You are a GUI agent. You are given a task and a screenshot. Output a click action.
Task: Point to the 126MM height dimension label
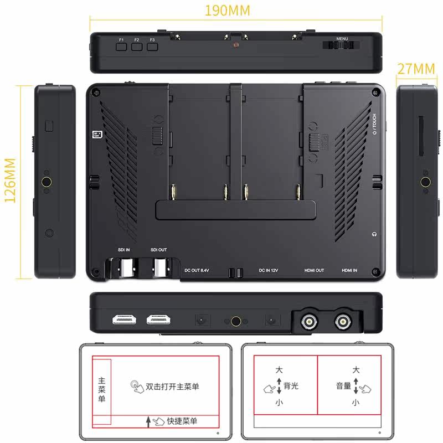10,179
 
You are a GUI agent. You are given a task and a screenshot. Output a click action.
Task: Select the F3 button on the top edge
152,47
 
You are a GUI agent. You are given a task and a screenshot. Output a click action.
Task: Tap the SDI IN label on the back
124,250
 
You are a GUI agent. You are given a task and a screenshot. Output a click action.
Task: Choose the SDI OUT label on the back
159,250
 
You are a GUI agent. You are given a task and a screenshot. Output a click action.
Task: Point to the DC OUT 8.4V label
197,271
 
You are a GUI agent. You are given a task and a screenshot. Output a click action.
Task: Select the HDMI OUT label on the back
315,271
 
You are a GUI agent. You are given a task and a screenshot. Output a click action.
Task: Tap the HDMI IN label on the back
349,271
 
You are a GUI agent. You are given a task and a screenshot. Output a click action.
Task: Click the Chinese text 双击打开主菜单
172,386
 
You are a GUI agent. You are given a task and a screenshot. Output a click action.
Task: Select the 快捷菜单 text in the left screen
182,421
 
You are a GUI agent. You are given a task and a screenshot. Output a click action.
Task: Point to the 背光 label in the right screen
290,386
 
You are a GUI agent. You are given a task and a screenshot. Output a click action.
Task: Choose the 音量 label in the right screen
343,386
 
